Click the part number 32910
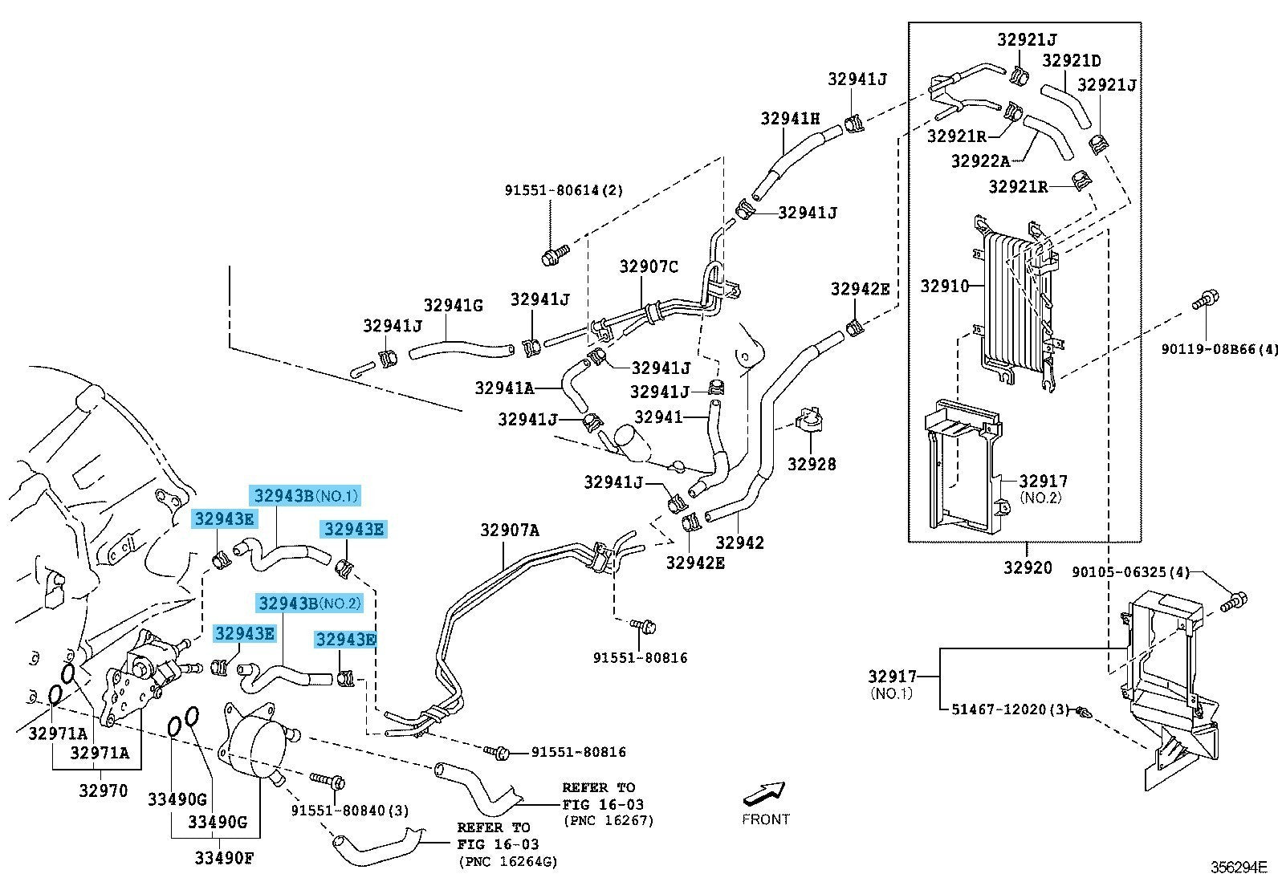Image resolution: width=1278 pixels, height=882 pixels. (944, 286)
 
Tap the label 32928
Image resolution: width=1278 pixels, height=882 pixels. (811, 464)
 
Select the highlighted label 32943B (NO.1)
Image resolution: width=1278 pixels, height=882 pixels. (305, 495)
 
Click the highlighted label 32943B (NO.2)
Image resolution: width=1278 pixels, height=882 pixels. (309, 603)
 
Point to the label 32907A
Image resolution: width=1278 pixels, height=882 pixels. (510, 530)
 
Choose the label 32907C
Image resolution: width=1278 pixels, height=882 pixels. (648, 266)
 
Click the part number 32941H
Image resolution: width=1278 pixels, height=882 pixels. (790, 119)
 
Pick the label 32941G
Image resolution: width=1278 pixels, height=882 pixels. (453, 305)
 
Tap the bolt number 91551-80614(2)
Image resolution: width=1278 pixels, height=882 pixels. (564, 190)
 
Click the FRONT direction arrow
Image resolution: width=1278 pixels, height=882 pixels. (764, 793)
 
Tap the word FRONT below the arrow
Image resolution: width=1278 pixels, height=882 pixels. (765, 819)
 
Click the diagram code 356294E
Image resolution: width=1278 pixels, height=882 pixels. (1239, 868)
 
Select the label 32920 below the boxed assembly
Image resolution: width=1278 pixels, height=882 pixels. (1027, 567)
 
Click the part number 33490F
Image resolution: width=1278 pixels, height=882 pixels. (223, 858)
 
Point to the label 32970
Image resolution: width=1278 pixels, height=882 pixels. (103, 791)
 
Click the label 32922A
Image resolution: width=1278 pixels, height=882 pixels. (980, 161)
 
